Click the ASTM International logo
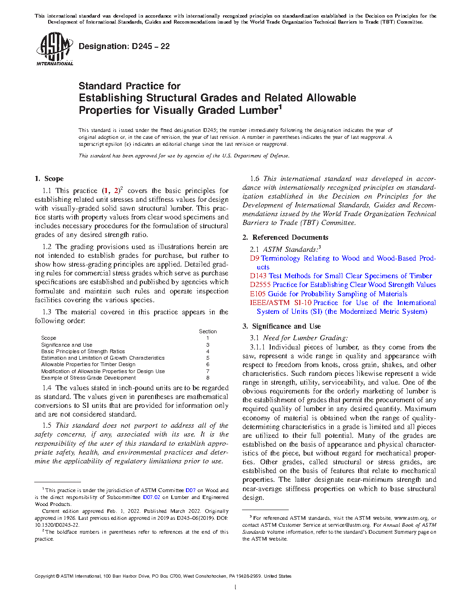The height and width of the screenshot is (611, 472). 54,49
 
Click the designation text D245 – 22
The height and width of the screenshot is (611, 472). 124,46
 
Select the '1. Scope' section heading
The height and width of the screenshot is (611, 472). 49,179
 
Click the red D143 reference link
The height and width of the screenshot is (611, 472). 258,276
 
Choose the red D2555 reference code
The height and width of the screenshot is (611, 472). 260,285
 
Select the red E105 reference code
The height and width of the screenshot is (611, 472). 258,294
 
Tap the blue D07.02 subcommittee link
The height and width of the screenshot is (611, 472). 151,497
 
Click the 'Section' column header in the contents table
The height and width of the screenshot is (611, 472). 208,331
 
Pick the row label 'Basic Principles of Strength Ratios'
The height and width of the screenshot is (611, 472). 83,351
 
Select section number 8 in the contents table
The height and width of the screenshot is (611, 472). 208,378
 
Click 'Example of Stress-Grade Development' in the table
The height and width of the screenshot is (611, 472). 88,378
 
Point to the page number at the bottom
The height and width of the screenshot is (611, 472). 236,587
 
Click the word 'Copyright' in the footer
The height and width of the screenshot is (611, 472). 44,576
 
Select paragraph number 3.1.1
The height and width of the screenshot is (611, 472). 258,347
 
